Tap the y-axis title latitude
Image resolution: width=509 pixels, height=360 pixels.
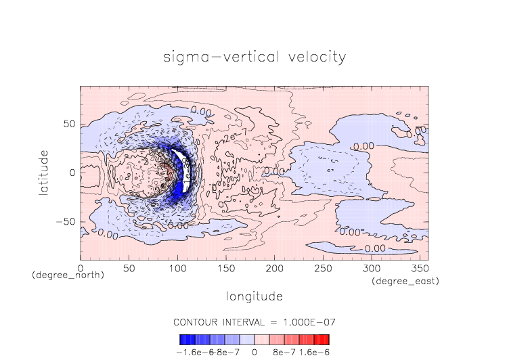tap(44, 173)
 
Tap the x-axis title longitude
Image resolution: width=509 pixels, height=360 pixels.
tap(255, 296)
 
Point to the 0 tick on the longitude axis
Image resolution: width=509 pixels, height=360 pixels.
tap(81, 268)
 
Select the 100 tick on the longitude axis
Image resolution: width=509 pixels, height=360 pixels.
tap(177, 268)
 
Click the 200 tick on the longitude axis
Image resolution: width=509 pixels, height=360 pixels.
tap(274, 268)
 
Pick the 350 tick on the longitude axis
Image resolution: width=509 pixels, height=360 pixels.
tap(419, 268)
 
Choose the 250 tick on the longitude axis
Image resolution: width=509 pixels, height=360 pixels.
tap(322, 268)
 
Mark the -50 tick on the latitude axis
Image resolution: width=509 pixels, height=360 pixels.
tap(66, 222)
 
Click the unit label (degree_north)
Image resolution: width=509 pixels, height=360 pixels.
tap(68, 275)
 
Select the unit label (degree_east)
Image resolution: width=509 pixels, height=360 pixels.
tap(405, 281)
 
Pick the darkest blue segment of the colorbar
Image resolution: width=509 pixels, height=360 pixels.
tap(183, 340)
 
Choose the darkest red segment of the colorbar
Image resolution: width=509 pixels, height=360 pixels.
tap(326, 340)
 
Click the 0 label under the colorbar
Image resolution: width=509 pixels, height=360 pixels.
tap(255, 353)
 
